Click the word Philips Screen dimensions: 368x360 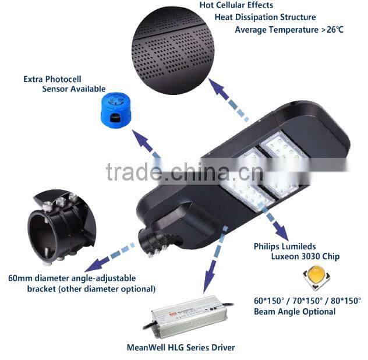[268, 246]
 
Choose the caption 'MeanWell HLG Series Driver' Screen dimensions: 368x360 [181, 348]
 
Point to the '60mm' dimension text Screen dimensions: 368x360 [19, 278]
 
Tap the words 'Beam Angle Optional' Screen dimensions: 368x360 [295, 312]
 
